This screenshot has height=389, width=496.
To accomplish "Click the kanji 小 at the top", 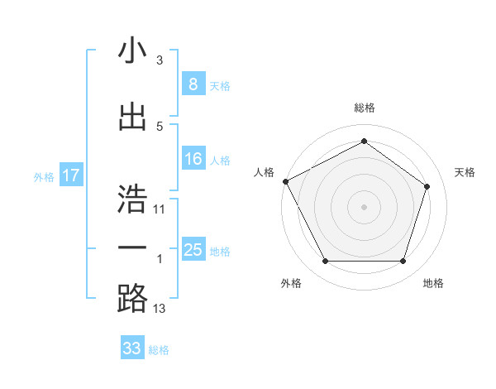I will pos(132,51).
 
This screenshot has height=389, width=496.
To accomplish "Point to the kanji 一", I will pos(132,248).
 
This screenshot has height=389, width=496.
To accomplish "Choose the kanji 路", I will pos(132,299).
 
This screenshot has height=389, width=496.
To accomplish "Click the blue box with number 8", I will pos(193,84).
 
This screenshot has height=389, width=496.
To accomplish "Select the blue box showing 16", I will pos(193,159).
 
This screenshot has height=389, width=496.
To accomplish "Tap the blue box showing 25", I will pos(193,250).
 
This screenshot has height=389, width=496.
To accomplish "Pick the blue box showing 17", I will pos(70,175).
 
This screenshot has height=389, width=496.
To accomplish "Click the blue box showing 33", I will pos(132,348).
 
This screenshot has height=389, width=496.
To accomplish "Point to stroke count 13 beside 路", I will pos(160,310).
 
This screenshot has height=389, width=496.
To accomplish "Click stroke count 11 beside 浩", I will pos(160,209).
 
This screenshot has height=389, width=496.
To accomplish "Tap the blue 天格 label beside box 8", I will pos(220,85).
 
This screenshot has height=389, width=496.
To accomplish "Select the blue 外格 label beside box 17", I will pos(44,176).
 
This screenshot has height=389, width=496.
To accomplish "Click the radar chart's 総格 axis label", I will pos(364,108).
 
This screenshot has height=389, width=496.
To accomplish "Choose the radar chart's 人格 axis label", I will pos(265,172).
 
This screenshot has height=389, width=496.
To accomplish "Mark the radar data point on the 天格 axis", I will pos(427,186).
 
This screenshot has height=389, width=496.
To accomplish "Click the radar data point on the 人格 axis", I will pos(285,181).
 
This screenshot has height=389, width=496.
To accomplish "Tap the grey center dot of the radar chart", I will pos(364,207).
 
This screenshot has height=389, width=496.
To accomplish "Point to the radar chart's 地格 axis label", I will pos(433,283).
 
